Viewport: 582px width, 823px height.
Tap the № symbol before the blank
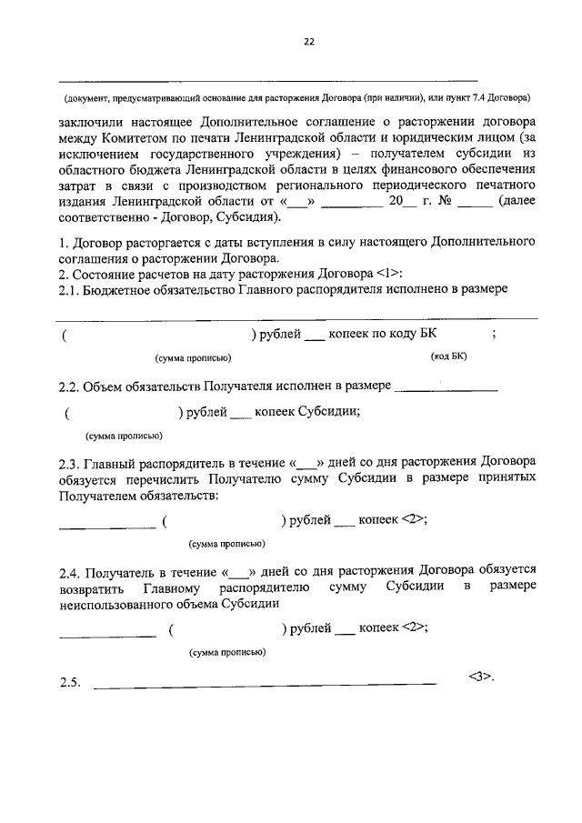tap(446, 202)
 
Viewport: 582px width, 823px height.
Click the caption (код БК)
tap(448, 357)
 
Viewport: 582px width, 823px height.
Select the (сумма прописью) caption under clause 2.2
tap(124, 435)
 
